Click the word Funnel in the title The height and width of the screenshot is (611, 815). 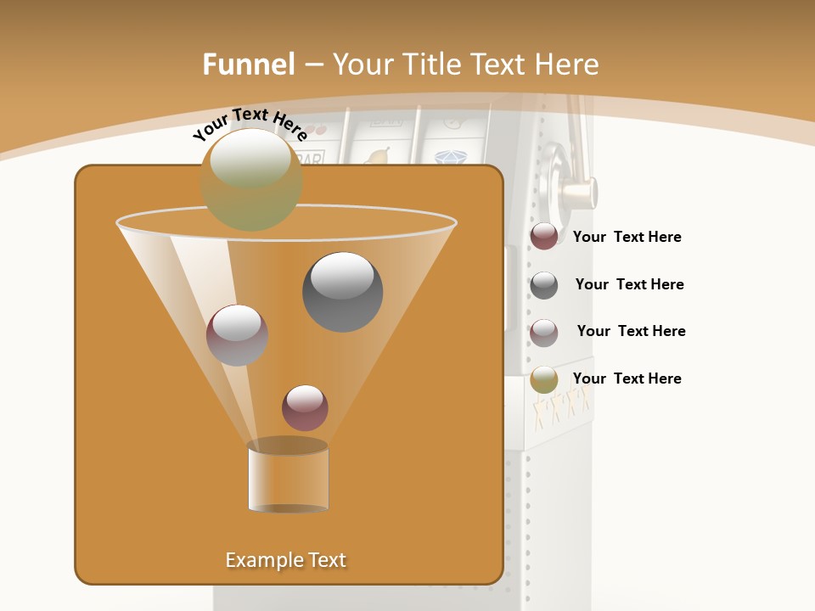248,64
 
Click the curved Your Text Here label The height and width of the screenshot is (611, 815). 250,124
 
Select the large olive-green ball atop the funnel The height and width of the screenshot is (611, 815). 251,179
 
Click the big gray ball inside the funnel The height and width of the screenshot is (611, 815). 343,292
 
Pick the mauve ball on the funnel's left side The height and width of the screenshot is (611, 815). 237,335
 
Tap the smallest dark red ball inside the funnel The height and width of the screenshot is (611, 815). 305,407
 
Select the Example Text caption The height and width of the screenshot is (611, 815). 286,560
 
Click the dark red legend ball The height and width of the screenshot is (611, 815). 544,236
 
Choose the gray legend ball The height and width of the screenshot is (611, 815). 544,285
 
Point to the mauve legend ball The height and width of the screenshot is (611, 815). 544,333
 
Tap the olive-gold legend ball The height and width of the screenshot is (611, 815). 544,379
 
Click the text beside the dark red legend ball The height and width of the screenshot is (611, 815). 627,237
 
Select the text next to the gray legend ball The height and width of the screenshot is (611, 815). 629,284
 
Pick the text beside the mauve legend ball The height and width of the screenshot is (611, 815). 631,331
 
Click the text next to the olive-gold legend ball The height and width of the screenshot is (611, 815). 627,378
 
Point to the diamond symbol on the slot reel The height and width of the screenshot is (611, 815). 449,158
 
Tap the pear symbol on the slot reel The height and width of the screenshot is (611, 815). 378,156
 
